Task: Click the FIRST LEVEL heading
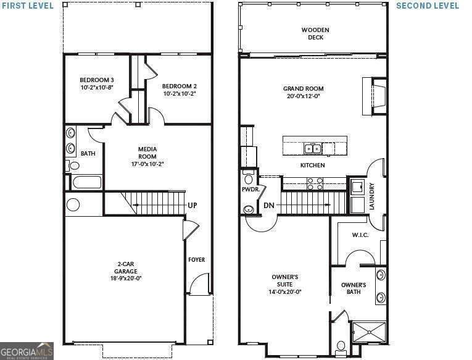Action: click(x=27, y=6)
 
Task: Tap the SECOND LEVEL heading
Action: click(x=427, y=6)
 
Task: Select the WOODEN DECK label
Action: click(x=315, y=33)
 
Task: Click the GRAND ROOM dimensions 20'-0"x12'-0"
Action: click(x=303, y=96)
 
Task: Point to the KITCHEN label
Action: click(x=312, y=165)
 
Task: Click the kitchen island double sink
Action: click(x=313, y=148)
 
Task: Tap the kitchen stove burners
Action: click(x=315, y=183)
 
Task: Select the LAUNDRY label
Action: click(x=371, y=196)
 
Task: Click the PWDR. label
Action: click(x=249, y=190)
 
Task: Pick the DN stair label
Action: click(x=269, y=206)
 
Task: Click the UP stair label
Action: click(x=192, y=206)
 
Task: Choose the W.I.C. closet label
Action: click(x=360, y=235)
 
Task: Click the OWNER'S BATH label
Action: click(x=354, y=288)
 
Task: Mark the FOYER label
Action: click(x=196, y=260)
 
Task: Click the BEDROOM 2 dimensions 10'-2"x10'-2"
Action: click(x=180, y=94)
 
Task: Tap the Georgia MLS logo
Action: click(x=27, y=350)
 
